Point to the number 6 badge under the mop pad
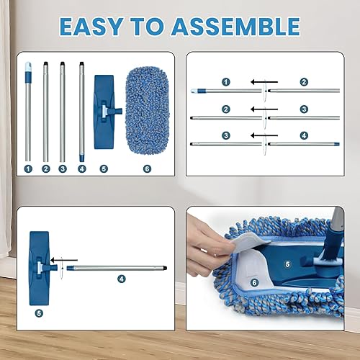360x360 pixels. pos(147,168)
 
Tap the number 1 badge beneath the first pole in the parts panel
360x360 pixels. pos(28,168)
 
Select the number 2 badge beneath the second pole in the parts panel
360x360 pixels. pos(45,168)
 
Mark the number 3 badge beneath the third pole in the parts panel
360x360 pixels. pos(63,168)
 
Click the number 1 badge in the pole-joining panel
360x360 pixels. pos(225,82)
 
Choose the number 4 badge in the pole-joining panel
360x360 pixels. pos(304,135)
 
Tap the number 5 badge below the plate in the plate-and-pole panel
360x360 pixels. pos(39,312)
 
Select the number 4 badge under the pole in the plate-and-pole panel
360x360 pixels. pos(121,278)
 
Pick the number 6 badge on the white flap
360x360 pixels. pos(253,282)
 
